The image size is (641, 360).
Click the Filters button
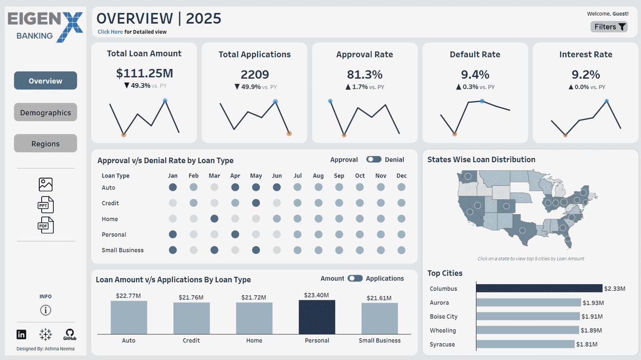click(x=609, y=27)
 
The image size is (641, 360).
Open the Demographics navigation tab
click(x=45, y=113)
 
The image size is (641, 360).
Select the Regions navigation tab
click(x=45, y=144)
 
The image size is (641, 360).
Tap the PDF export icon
click(x=45, y=225)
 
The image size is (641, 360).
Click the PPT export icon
click(x=45, y=205)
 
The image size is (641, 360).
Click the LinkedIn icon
click(x=21, y=334)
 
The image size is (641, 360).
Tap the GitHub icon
click(x=70, y=334)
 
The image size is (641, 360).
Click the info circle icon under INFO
click(x=46, y=310)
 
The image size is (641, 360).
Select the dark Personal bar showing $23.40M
click(x=316, y=317)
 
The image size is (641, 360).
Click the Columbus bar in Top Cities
click(x=539, y=288)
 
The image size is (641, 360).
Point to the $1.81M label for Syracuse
click(x=587, y=344)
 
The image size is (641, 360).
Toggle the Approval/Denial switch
click(x=373, y=160)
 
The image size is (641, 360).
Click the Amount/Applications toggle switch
click(x=355, y=278)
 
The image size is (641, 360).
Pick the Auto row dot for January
click(x=173, y=187)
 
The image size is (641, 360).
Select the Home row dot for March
click(x=214, y=218)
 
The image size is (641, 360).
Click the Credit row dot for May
click(x=256, y=203)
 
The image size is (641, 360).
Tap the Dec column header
click(x=401, y=176)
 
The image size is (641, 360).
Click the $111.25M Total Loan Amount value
click(x=144, y=73)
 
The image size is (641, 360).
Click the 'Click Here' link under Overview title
click(x=110, y=32)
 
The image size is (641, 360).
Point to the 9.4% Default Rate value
click(x=475, y=75)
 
